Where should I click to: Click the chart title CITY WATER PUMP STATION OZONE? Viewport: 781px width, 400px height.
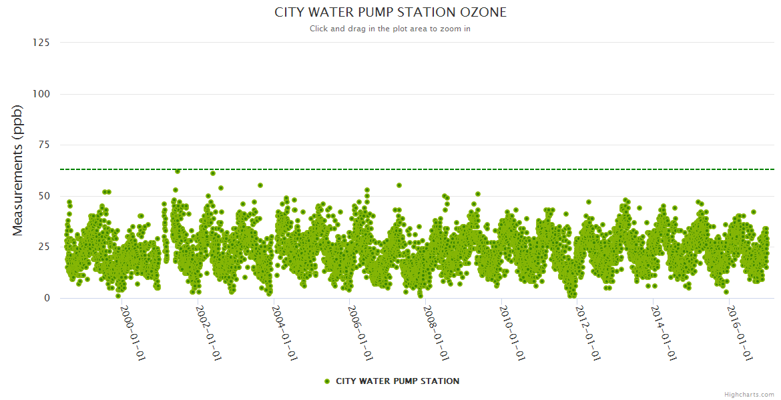click(x=390, y=13)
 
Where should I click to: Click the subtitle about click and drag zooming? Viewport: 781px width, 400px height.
click(x=390, y=29)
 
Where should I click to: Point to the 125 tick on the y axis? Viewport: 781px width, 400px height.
click(x=41, y=43)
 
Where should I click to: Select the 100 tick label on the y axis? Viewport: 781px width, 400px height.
click(x=41, y=94)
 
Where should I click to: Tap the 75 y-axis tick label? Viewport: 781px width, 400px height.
click(x=43, y=145)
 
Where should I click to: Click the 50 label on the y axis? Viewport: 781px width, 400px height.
click(x=43, y=196)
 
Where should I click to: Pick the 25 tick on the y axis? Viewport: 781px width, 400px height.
click(x=43, y=247)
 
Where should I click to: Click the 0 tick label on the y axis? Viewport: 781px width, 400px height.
click(x=46, y=298)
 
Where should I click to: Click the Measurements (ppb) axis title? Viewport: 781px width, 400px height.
click(x=18, y=171)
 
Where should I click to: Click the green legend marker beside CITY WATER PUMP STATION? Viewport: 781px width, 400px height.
click(x=327, y=381)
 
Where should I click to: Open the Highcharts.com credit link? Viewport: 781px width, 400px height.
click(x=749, y=394)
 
